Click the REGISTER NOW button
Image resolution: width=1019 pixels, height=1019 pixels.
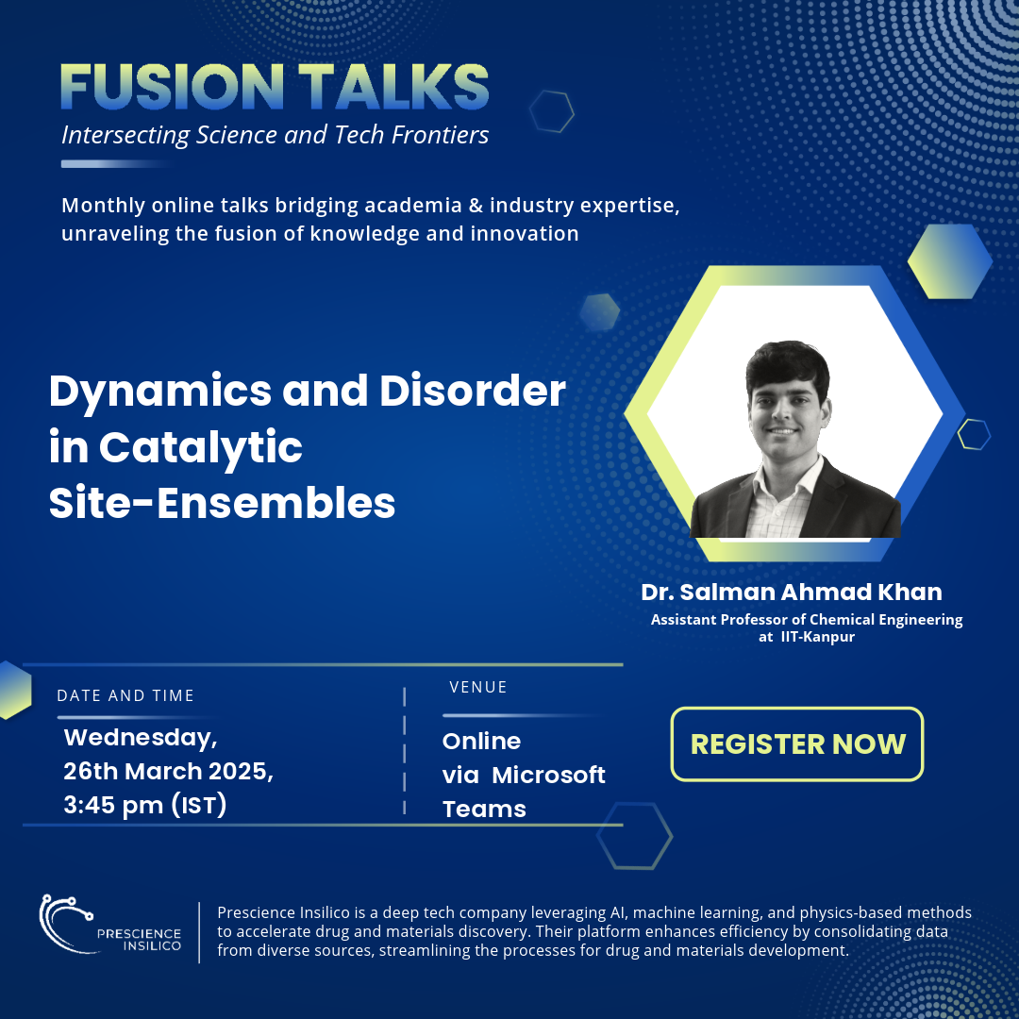(796, 743)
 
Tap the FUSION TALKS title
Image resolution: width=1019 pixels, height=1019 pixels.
(275, 87)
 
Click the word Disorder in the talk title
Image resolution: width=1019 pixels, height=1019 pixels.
(473, 391)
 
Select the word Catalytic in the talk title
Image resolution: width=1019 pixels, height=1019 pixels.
(201, 448)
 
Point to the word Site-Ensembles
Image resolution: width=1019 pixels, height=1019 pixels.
(223, 503)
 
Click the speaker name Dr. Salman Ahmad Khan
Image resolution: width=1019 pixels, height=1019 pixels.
(792, 592)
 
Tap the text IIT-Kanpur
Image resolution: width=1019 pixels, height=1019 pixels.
(817, 637)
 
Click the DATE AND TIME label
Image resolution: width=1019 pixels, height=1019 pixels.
(125, 695)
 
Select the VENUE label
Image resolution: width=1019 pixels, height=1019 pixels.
(478, 687)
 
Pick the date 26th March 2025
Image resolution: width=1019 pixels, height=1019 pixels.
(168, 772)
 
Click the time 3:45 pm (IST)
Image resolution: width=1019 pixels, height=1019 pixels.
(145, 805)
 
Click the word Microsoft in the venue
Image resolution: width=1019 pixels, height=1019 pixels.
(548, 775)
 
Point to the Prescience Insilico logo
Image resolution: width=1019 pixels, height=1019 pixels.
(109, 925)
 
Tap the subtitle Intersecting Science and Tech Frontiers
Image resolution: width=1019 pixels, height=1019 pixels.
(275, 135)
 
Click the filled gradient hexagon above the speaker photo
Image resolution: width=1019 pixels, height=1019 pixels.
(949, 261)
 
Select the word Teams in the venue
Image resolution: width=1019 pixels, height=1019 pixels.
(484, 810)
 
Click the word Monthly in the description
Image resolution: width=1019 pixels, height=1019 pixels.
(104, 206)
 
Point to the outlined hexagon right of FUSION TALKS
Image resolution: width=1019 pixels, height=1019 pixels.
(552, 111)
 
